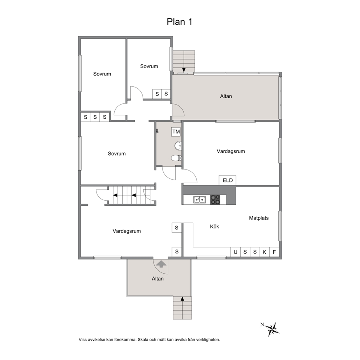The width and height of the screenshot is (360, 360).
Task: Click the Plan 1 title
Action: pyautogui.click(x=179, y=22)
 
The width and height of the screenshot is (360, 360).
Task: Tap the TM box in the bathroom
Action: pyautogui.click(x=176, y=132)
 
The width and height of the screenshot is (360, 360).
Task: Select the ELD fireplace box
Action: pyautogui.click(x=228, y=180)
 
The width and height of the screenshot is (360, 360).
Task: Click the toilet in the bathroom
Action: pyautogui.click(x=176, y=158)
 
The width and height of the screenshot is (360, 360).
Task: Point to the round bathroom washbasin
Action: pyautogui.click(x=178, y=146)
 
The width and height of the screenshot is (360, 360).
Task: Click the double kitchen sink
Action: pyautogui.click(x=199, y=200)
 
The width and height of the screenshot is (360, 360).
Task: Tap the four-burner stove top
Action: pyautogui.click(x=215, y=200)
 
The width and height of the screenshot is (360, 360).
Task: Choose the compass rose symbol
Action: pyautogui.click(x=273, y=329)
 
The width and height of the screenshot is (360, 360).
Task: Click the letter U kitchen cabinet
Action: pyautogui.click(x=235, y=252)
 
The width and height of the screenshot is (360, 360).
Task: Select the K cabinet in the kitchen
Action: pyautogui.click(x=264, y=252)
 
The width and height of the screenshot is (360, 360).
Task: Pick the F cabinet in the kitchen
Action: pyautogui.click(x=274, y=252)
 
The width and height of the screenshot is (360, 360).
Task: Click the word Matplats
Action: pyautogui.click(x=259, y=218)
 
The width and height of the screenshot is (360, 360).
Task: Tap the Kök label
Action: pyautogui.click(x=214, y=226)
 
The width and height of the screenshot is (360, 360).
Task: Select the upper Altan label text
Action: pyautogui.click(x=226, y=96)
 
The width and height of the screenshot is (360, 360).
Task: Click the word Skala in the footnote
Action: pyautogui.click(x=143, y=340)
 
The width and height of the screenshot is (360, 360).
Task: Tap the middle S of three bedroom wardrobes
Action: pyautogui.click(x=95, y=117)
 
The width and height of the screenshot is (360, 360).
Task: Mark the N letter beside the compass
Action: pyautogui.click(x=262, y=324)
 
